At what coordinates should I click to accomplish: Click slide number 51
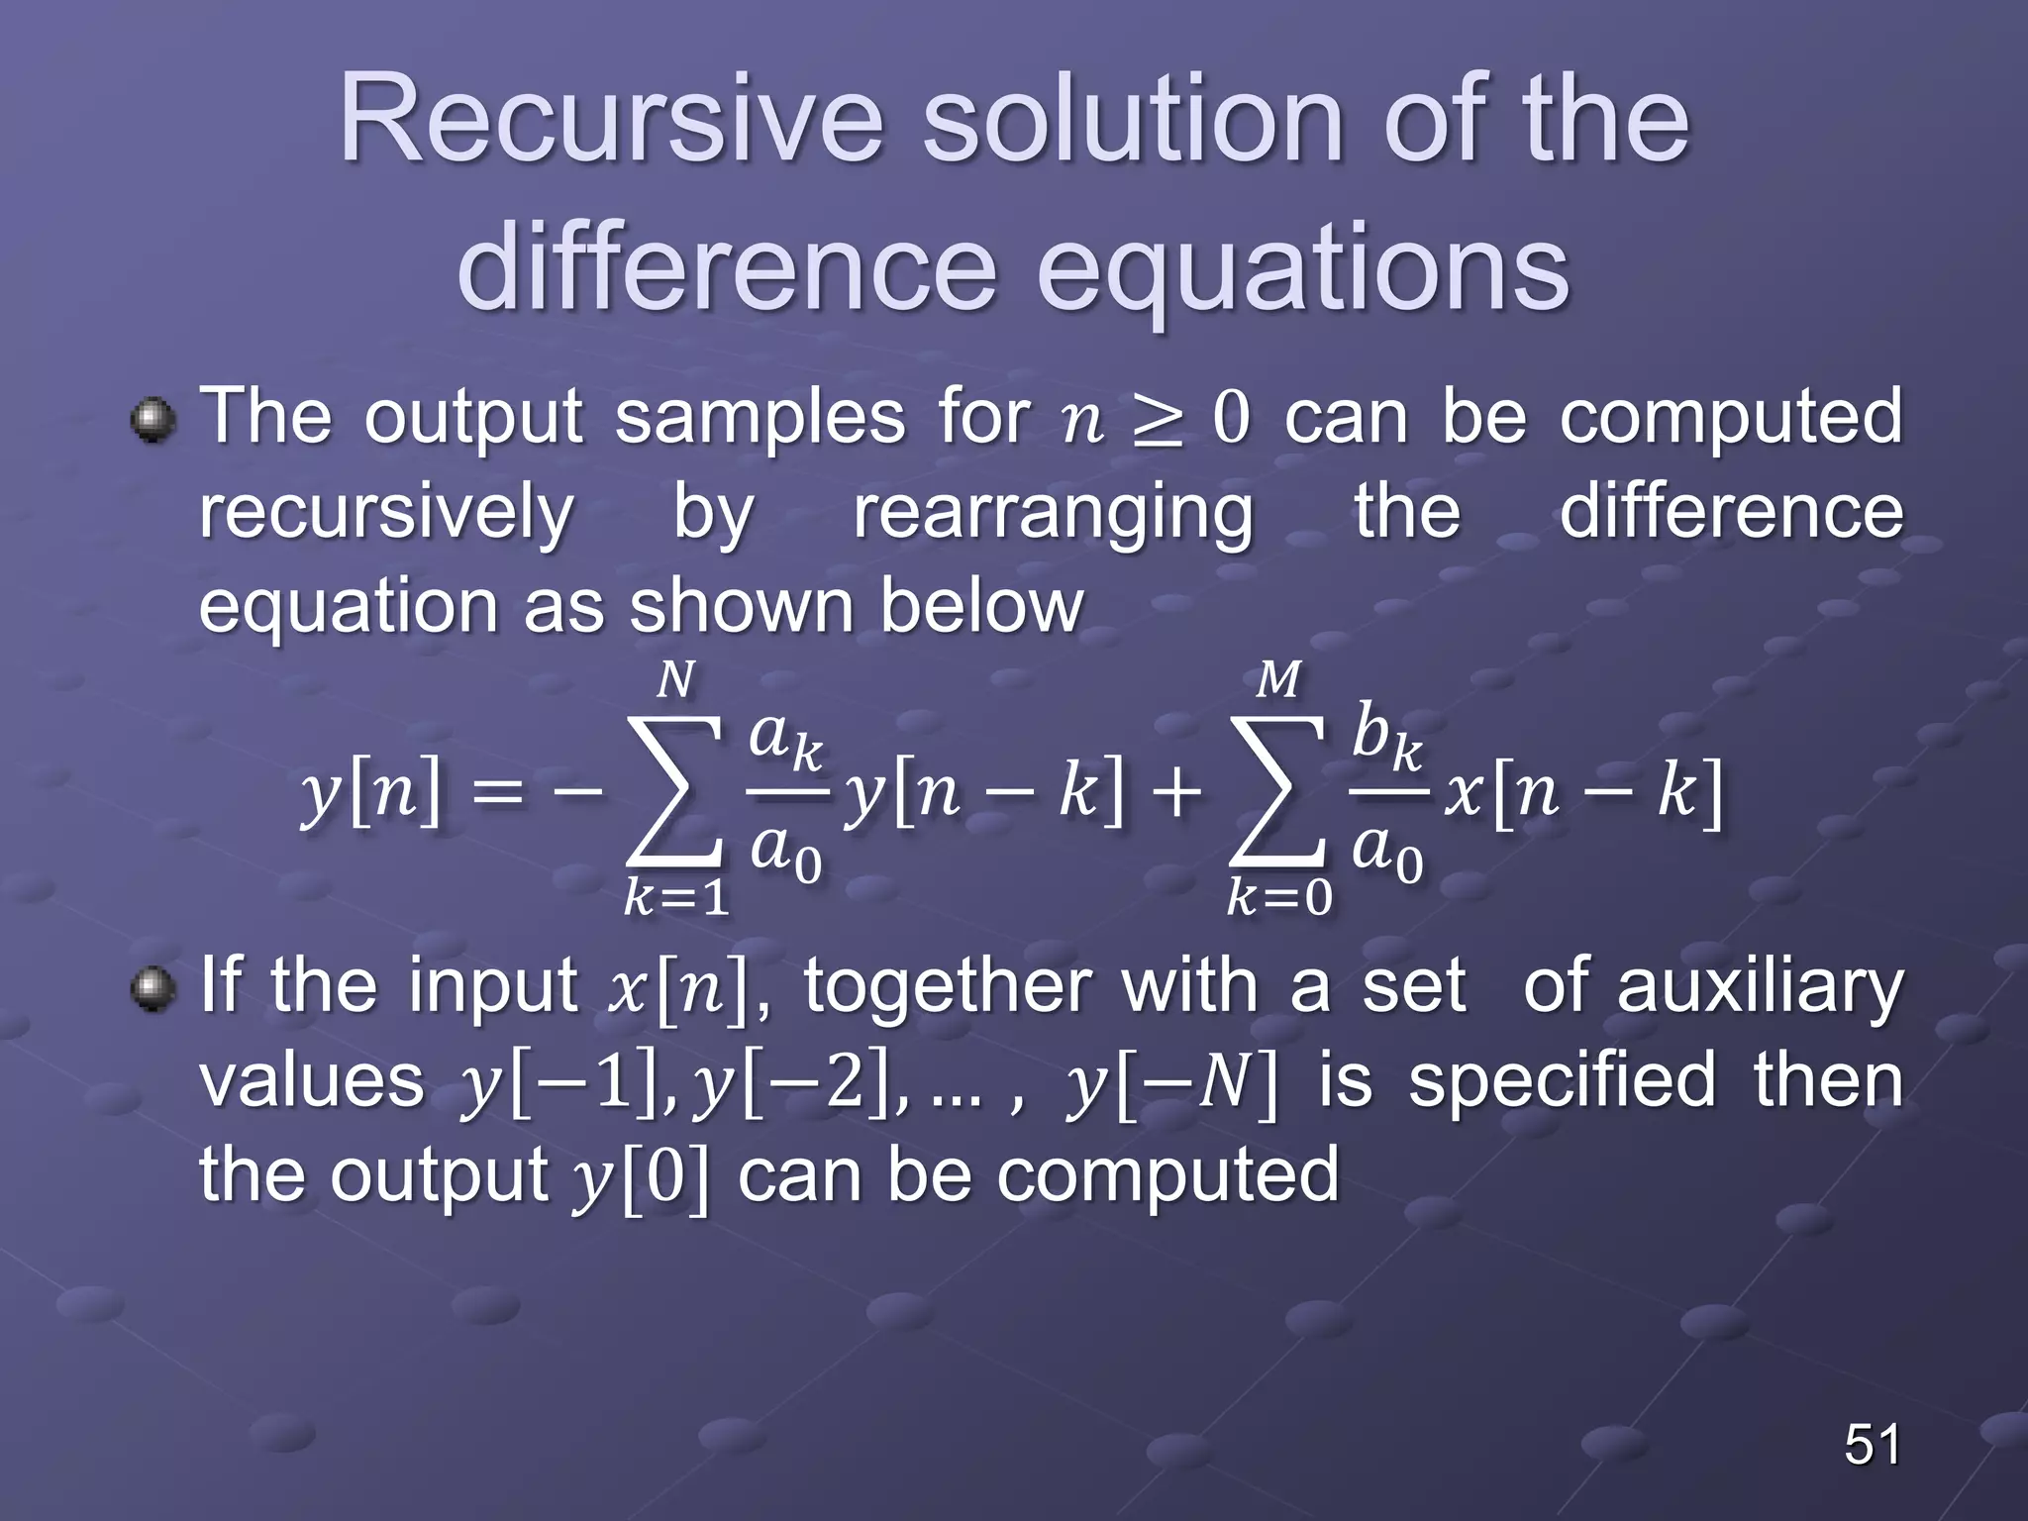[x=1872, y=1444]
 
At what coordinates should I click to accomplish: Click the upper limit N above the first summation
[x=675, y=680]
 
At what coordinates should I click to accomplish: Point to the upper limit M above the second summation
[x=1277, y=680]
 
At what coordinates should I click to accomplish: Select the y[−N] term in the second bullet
[x=1171, y=1083]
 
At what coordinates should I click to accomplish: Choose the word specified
[x=1562, y=1081]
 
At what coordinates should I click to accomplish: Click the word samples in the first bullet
[x=760, y=418]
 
